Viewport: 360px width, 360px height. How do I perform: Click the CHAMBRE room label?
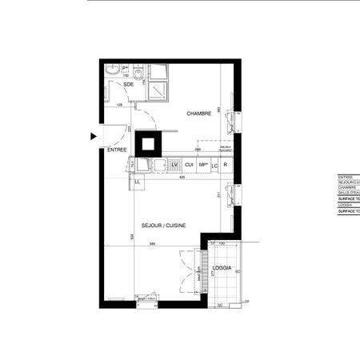198,114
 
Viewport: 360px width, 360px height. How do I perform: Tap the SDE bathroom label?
128,84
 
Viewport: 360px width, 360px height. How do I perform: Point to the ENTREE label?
117,150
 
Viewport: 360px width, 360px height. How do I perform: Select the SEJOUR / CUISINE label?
164,226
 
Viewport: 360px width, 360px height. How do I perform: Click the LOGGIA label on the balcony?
222,268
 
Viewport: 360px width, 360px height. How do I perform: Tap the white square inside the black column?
149,144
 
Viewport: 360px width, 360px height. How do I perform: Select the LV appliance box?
174,164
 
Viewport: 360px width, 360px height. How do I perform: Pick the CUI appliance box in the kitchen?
189,164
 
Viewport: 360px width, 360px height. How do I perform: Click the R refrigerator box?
226,164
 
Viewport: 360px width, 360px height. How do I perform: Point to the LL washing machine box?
137,182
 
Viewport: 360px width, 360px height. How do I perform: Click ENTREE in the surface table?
346,177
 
